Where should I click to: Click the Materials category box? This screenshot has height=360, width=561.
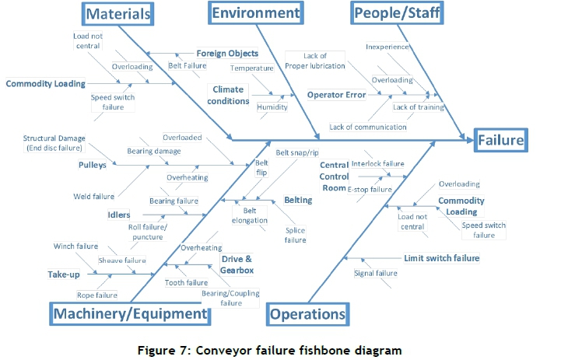[x=117, y=13]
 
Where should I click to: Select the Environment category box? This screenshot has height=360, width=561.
[x=255, y=13]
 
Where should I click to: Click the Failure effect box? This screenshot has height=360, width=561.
[x=500, y=141]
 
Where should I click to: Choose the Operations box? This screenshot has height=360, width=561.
[x=307, y=314]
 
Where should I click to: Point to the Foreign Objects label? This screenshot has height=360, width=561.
[x=227, y=54]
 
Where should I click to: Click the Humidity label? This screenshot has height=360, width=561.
[x=272, y=107]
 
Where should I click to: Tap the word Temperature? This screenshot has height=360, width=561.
[x=251, y=68]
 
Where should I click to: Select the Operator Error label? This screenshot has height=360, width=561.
[x=336, y=95]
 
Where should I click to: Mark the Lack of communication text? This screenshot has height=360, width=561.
[x=368, y=127]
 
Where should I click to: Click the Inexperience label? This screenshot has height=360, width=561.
[x=387, y=47]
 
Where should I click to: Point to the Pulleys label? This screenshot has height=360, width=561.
[x=92, y=165]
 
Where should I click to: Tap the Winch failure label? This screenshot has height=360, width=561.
[x=75, y=246]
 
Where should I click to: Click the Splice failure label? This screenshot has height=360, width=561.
[x=295, y=236]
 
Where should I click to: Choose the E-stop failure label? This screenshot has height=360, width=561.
[x=370, y=189]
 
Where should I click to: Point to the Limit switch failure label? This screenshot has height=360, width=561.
[x=441, y=258]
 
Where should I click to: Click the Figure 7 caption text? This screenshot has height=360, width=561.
[x=281, y=349]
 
